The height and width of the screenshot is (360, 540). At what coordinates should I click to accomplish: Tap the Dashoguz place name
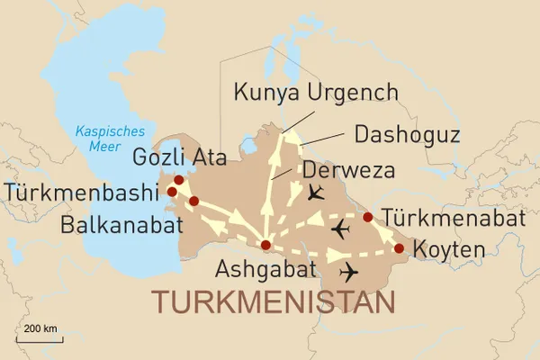tap(408, 135)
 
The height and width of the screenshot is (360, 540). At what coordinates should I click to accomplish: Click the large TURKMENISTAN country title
tap(274, 302)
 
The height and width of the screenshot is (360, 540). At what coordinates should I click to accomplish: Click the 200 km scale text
tap(41, 328)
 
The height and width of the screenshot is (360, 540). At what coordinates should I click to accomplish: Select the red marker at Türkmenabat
tap(367, 217)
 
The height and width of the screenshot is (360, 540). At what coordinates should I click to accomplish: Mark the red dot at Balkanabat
tap(193, 201)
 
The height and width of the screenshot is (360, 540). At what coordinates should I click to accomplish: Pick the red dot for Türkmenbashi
tap(171, 192)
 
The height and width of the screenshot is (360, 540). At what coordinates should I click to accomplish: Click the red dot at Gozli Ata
tap(178, 180)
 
